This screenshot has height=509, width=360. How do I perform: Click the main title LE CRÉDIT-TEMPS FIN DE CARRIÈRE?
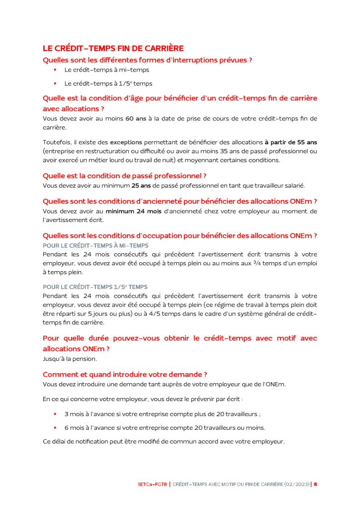[113, 48]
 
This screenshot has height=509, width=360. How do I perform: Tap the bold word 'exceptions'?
[126, 142]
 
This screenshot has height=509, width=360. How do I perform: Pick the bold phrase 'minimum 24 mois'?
[134, 211]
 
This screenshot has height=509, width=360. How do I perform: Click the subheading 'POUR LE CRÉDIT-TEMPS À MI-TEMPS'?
[95, 246]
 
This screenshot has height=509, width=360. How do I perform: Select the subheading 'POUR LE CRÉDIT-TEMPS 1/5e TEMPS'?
[95, 287]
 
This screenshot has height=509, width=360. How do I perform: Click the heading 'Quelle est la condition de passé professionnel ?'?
[124, 176]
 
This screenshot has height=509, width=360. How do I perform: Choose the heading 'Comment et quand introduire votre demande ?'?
[125, 374]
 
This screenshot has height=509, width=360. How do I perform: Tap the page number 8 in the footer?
[315, 484]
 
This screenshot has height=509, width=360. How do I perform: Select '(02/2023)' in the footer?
[297, 484]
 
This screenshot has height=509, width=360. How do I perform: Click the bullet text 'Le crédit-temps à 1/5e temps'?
[108, 84]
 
